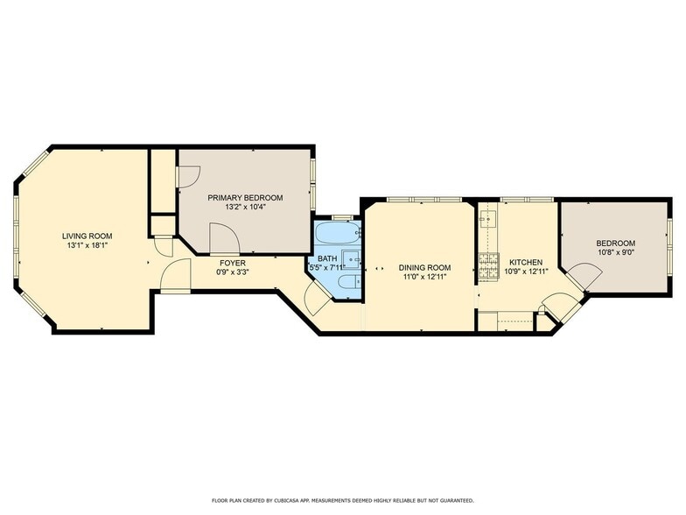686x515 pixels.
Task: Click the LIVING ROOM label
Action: (x=87, y=236)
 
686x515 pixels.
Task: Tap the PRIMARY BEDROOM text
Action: (x=245, y=198)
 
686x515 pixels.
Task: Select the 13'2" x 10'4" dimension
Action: (x=245, y=207)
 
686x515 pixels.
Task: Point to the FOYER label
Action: (x=233, y=263)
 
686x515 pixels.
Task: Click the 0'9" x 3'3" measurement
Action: (x=233, y=272)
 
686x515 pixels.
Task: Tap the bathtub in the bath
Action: (x=339, y=234)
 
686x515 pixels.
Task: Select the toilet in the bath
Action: (x=350, y=282)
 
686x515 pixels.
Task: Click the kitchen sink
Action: (x=486, y=219)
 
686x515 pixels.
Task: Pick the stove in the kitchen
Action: (x=488, y=266)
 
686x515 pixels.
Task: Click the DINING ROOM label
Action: (x=424, y=268)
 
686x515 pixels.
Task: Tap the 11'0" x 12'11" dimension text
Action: (x=424, y=277)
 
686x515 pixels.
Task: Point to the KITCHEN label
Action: (x=526, y=263)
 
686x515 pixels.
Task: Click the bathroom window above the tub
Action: (x=342, y=217)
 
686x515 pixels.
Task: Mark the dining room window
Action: (x=424, y=200)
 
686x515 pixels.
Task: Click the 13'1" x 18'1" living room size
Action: (x=87, y=245)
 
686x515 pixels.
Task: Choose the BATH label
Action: (x=327, y=258)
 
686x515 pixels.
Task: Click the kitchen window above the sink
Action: (x=527, y=200)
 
